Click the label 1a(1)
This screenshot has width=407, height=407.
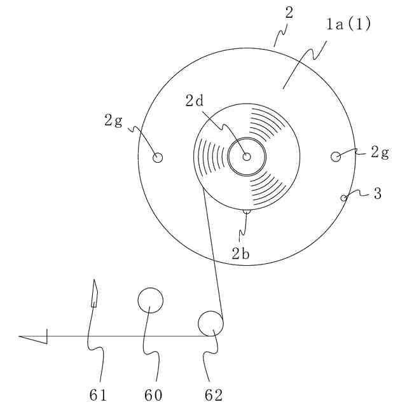[x=348, y=25]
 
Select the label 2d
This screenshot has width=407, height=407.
[x=195, y=100]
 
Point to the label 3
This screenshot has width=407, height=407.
[x=378, y=194]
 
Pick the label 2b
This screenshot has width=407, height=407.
[x=240, y=254]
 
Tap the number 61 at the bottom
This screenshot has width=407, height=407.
[x=97, y=395]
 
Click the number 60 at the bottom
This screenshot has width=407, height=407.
[x=153, y=395]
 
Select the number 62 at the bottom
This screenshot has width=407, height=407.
[x=214, y=395]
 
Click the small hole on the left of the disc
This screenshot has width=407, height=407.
[x=158, y=157]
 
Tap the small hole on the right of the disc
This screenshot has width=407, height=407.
[x=336, y=156]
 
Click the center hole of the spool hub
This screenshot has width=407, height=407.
[x=245, y=156]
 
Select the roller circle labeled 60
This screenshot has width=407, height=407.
[x=151, y=299]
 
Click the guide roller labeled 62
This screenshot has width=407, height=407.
[x=210, y=324]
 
